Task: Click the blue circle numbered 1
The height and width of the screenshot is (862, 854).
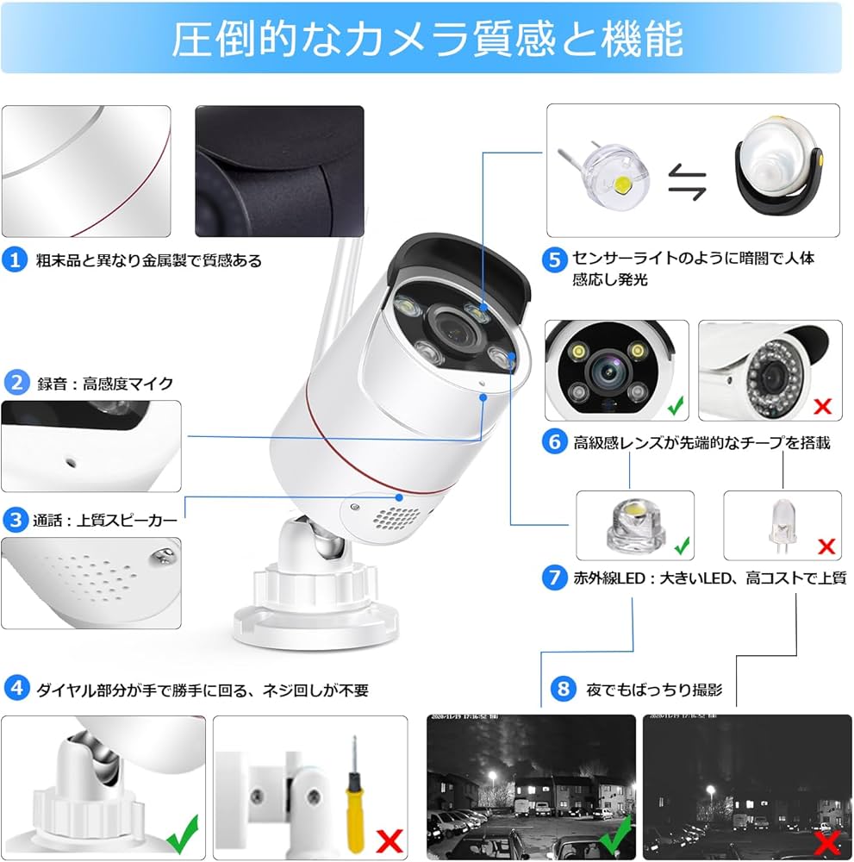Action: coord(15,259)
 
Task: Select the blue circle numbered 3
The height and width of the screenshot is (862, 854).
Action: coord(15,520)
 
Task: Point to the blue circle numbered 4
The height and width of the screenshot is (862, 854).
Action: coord(15,689)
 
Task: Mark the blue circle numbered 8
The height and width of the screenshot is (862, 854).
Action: coord(563,689)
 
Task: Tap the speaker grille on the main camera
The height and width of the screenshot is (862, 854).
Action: coord(399,520)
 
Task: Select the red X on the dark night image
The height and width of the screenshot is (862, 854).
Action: coord(829,840)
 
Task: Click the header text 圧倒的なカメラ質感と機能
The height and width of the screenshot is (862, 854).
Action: coord(427,39)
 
